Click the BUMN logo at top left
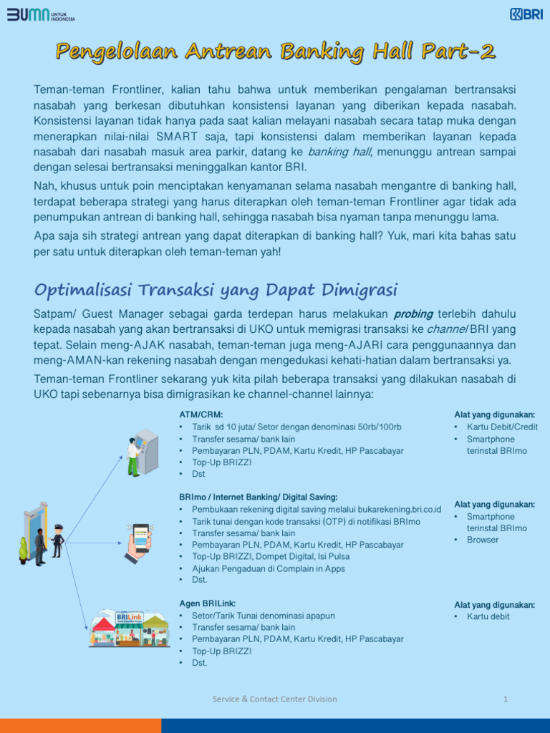click(41, 15)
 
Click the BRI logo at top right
click(526, 14)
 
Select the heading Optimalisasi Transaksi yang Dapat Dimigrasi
click(216, 289)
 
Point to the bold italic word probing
click(414, 314)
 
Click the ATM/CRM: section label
click(201, 414)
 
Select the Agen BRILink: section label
click(207, 603)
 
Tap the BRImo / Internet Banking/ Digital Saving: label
click(258, 497)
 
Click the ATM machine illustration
click(143, 452)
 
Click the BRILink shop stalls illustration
click(129, 628)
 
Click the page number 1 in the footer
click(506, 699)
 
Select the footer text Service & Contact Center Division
click(274, 699)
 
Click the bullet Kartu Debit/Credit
click(502, 427)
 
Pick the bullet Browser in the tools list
click(482, 540)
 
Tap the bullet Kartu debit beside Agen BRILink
click(488, 616)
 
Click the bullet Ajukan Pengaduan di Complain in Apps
click(268, 568)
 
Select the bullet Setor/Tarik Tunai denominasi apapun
click(263, 616)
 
